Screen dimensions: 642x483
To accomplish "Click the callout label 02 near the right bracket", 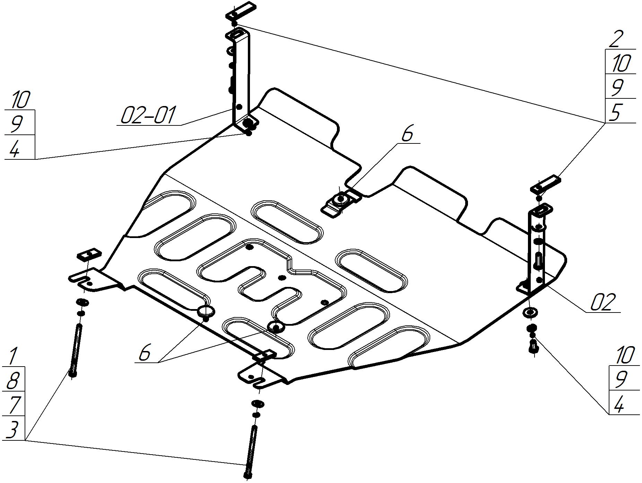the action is [x=603, y=302].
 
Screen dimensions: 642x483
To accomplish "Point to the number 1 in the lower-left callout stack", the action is [x=12, y=357].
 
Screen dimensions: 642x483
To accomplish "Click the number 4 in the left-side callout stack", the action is [x=15, y=149].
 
